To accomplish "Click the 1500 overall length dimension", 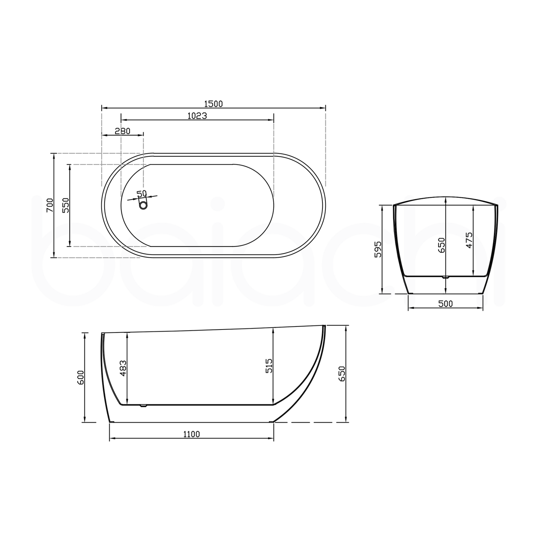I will (213, 104).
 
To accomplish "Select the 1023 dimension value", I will (197, 116).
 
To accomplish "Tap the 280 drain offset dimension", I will (122, 131).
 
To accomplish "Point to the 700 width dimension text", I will (50, 205).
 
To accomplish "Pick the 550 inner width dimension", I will (66, 205).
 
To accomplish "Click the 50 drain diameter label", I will (141, 194).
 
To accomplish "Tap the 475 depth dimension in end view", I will (469, 240).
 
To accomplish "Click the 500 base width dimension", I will (445, 304).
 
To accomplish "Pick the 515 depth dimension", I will (269, 366).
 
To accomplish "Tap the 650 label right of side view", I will (342, 374).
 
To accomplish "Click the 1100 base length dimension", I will (191, 434).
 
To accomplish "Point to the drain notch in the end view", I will (445, 277).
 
